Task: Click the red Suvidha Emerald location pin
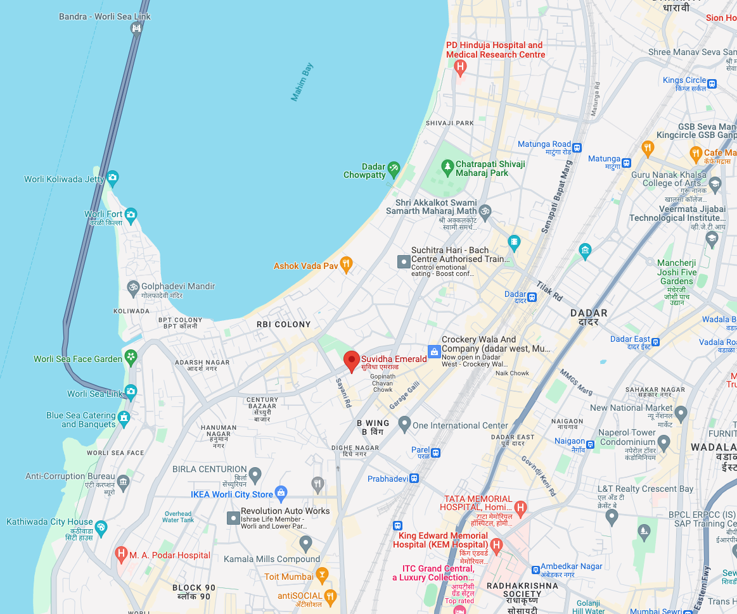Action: pyautogui.click(x=352, y=361)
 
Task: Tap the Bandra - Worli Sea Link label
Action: pyautogui.click(x=105, y=16)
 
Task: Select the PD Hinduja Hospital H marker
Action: pyautogui.click(x=461, y=66)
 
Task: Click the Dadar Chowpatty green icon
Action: pyautogui.click(x=394, y=167)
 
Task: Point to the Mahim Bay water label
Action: pyautogui.click(x=302, y=82)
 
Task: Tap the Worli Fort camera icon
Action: pyautogui.click(x=131, y=215)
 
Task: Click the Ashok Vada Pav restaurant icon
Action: pyautogui.click(x=346, y=264)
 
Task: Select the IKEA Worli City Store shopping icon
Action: pyautogui.click(x=281, y=494)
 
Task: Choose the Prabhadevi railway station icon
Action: pyautogui.click(x=414, y=479)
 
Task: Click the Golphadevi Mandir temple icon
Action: pyautogui.click(x=133, y=287)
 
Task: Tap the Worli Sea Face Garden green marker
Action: pyautogui.click(x=131, y=357)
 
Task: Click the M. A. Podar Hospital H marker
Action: pyautogui.click(x=121, y=554)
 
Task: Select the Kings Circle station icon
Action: pyautogui.click(x=712, y=83)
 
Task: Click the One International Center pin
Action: pyautogui.click(x=404, y=423)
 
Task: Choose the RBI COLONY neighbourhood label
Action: pyautogui.click(x=283, y=324)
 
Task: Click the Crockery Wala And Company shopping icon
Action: pyautogui.click(x=434, y=351)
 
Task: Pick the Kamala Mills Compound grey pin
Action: pyautogui.click(x=305, y=542)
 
